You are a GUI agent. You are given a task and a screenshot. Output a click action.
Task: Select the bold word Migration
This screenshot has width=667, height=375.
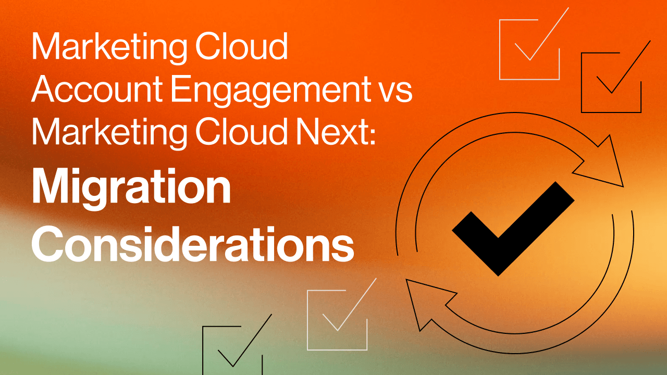pyautogui.click(x=131, y=189)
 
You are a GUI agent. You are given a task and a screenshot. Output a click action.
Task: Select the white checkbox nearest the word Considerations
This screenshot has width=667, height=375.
pyautogui.click(x=337, y=319)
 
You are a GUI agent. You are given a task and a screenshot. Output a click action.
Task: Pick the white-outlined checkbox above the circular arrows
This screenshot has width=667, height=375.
pyautogui.click(x=529, y=49)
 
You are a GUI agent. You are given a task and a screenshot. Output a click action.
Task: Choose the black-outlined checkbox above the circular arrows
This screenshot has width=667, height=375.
pyautogui.click(x=611, y=82)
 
